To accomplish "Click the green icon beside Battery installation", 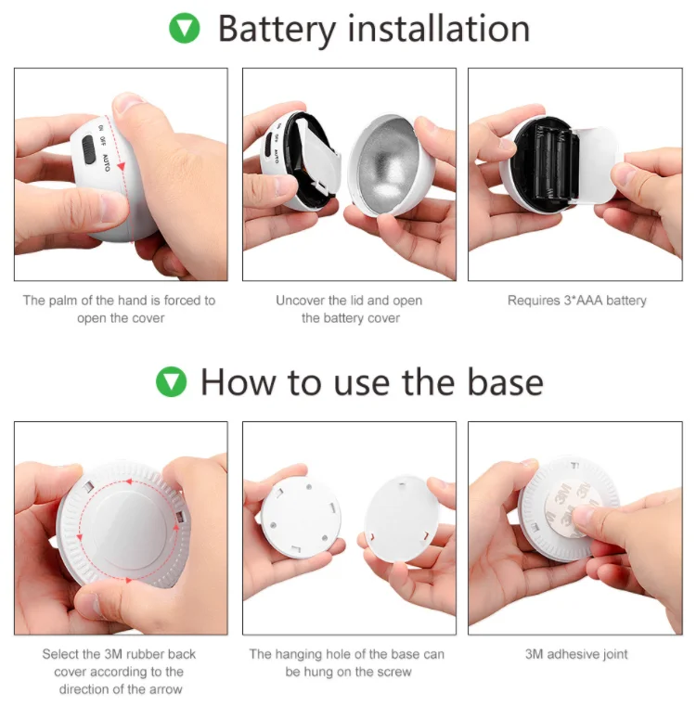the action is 185,29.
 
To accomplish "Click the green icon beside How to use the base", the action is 171,382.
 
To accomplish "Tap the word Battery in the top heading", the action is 277,30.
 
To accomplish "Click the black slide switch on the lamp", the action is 88,149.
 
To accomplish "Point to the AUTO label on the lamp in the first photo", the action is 106,163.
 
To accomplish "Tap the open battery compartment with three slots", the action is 548,163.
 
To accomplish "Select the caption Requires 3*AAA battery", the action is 576,301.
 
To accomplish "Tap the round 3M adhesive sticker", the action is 573,511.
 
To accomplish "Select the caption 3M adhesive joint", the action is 576,654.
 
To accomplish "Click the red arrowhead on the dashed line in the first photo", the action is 121,167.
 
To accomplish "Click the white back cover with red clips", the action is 401,518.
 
